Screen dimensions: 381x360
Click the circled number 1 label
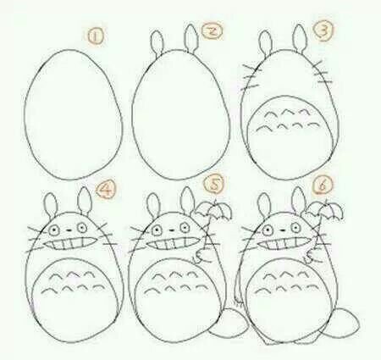point(96,36)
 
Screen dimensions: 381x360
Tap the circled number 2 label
point(213,31)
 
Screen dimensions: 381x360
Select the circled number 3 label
point(323,30)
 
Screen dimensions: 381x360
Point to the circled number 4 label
point(106,190)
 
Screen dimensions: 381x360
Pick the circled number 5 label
point(215,185)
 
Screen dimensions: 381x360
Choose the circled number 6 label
point(323,185)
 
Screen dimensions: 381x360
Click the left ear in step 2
point(157,42)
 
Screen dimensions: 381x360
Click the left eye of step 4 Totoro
point(53,230)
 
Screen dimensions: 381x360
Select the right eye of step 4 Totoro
point(82,227)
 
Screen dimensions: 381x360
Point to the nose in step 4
point(69,230)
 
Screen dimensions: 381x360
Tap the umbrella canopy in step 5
point(213,210)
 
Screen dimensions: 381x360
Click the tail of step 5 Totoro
point(229,321)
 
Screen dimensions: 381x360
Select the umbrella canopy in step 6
point(325,209)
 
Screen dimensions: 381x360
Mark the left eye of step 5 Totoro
point(156,230)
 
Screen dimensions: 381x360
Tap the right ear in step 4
point(85,201)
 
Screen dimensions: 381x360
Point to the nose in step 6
point(282,230)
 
